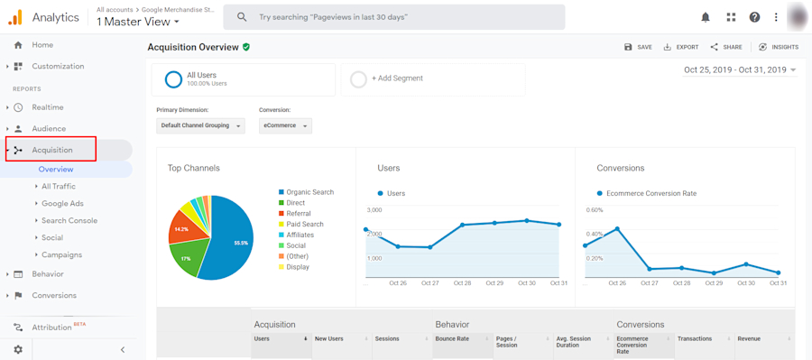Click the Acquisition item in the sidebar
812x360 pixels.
(52, 150)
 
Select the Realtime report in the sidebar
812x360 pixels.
(47, 107)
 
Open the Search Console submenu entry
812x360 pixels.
(69, 220)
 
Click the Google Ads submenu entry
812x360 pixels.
(62, 204)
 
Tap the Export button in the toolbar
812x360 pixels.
(681, 47)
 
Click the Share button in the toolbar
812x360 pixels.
(726, 47)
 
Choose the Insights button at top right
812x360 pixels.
(779, 47)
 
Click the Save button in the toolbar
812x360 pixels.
(638, 47)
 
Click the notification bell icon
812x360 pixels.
(706, 17)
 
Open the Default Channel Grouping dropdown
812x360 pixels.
(200, 126)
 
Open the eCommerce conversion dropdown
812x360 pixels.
(285, 126)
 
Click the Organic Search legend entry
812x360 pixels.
(309, 192)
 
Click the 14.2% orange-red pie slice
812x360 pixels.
(184, 230)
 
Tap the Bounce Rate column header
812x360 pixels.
(452, 339)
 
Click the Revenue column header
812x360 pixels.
(749, 339)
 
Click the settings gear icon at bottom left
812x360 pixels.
(18, 349)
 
